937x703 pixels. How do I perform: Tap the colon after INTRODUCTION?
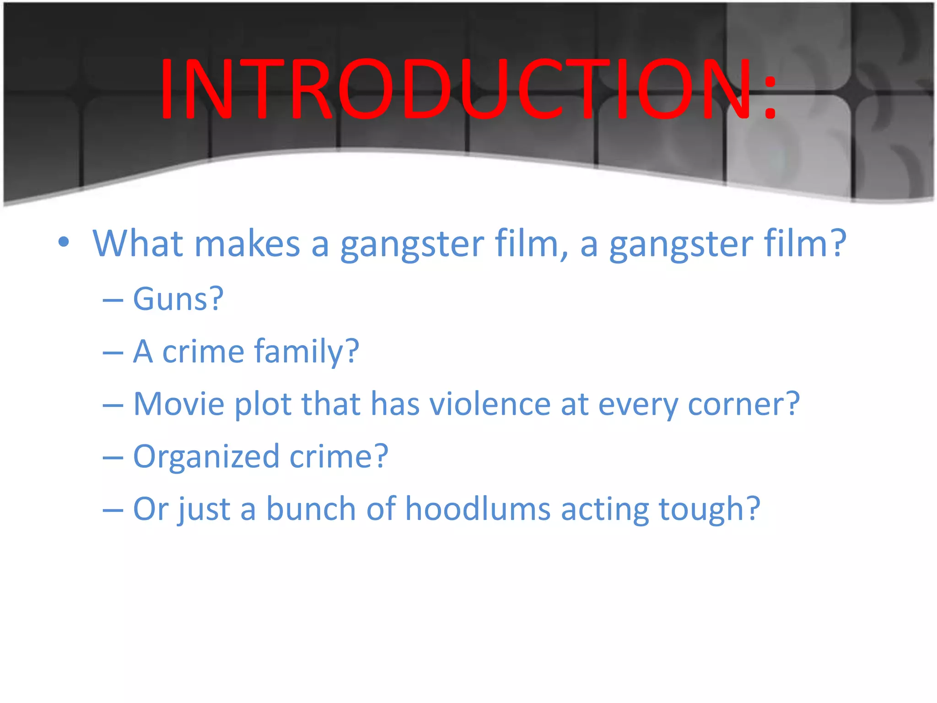pos(770,97)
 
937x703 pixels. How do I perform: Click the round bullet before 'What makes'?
pos(64,242)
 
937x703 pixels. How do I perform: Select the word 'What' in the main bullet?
pos(138,243)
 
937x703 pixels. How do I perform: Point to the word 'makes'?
pos(247,244)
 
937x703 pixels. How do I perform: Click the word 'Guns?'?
pos(178,299)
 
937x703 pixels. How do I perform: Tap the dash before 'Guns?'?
pos(113,301)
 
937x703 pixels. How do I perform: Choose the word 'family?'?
pos(307,352)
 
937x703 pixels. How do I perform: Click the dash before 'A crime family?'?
pos(113,353)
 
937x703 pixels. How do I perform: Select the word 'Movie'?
pos(179,404)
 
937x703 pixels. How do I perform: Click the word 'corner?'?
pos(743,405)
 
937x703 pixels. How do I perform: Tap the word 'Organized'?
pos(206,457)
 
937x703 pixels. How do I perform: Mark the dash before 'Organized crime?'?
pos(113,458)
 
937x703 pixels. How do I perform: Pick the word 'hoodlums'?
pos(478,509)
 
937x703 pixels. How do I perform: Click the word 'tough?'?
pos(709,510)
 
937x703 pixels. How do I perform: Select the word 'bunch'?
pos(311,509)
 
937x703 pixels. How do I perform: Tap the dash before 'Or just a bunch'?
pos(113,511)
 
